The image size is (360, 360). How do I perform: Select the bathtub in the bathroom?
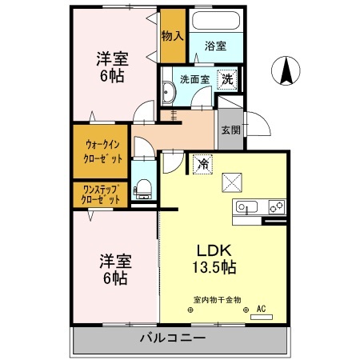tap(215, 21)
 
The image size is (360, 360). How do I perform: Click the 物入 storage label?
tap(172, 36)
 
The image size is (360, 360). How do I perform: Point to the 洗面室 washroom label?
tap(194, 79)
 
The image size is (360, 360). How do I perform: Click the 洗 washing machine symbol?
tap(227, 79)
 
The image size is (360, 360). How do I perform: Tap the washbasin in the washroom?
tap(169, 94)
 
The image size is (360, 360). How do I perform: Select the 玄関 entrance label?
tap(230, 129)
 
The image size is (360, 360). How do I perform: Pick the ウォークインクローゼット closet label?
tap(102, 152)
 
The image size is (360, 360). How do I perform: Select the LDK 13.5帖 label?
tap(212, 258)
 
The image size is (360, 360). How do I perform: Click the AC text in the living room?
tap(261, 308)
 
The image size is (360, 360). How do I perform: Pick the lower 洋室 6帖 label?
tap(114, 270)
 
